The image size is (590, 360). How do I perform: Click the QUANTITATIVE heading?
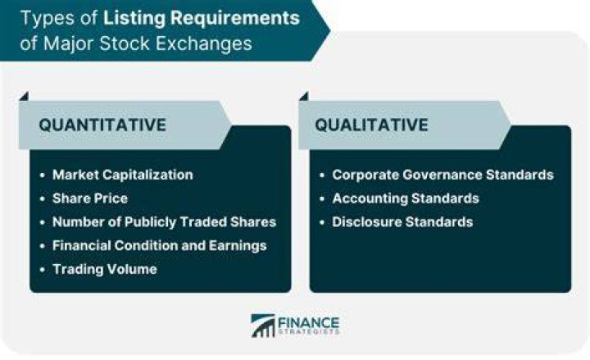tap(102, 125)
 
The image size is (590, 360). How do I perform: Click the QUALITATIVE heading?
tap(371, 125)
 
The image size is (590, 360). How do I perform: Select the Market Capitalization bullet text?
tap(123, 175)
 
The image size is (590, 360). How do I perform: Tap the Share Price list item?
tap(90, 198)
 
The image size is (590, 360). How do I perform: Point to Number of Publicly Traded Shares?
tap(165, 222)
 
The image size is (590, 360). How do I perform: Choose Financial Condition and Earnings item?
tap(160, 246)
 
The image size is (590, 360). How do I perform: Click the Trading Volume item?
tap(105, 269)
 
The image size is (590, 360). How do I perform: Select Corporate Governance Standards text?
tap(442, 175)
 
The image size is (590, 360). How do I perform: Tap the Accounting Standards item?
tap(406, 198)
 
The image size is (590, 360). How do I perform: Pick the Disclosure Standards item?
tap(402, 222)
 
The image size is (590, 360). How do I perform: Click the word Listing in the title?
tap(134, 19)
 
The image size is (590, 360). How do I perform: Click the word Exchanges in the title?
tap(203, 43)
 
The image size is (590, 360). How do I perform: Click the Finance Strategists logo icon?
tap(263, 326)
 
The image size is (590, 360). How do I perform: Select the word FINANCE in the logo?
tap(308, 323)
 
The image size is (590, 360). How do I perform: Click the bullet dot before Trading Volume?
tap(42, 270)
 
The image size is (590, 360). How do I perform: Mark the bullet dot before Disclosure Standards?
tap(322, 222)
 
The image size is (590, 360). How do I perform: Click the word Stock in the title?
tap(125, 43)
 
